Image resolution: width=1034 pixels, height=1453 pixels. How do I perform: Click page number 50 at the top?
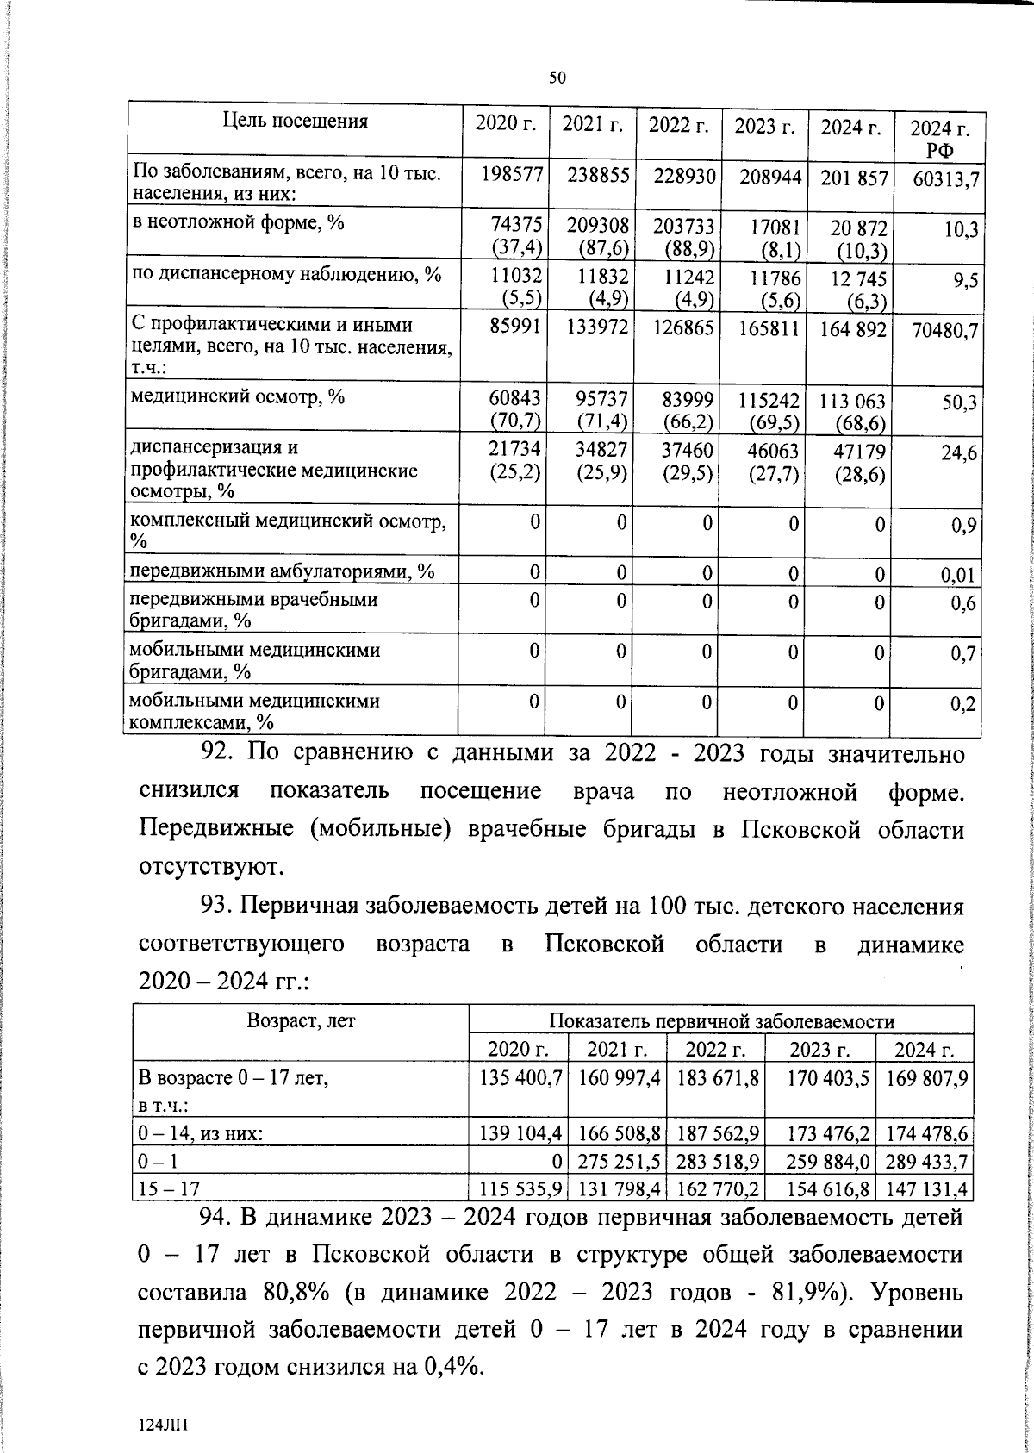[x=557, y=78]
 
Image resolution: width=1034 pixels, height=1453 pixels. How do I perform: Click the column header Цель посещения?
[x=295, y=122]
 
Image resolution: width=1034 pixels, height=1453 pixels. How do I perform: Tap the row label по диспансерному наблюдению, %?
[x=285, y=274]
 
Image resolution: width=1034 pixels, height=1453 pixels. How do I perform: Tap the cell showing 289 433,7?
[x=925, y=1162]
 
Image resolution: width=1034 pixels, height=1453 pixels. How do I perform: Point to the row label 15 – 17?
[x=169, y=1189]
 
